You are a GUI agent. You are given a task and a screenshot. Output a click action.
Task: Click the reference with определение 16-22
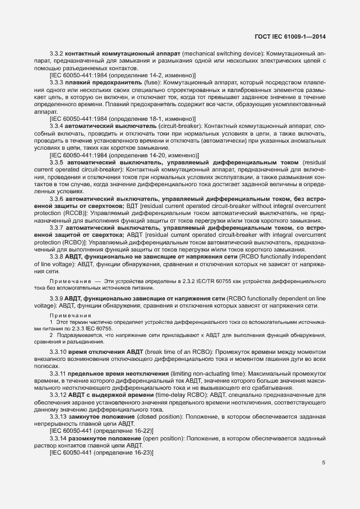click(x=101, y=430)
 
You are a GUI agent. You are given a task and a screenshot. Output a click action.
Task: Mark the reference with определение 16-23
click(x=101, y=452)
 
